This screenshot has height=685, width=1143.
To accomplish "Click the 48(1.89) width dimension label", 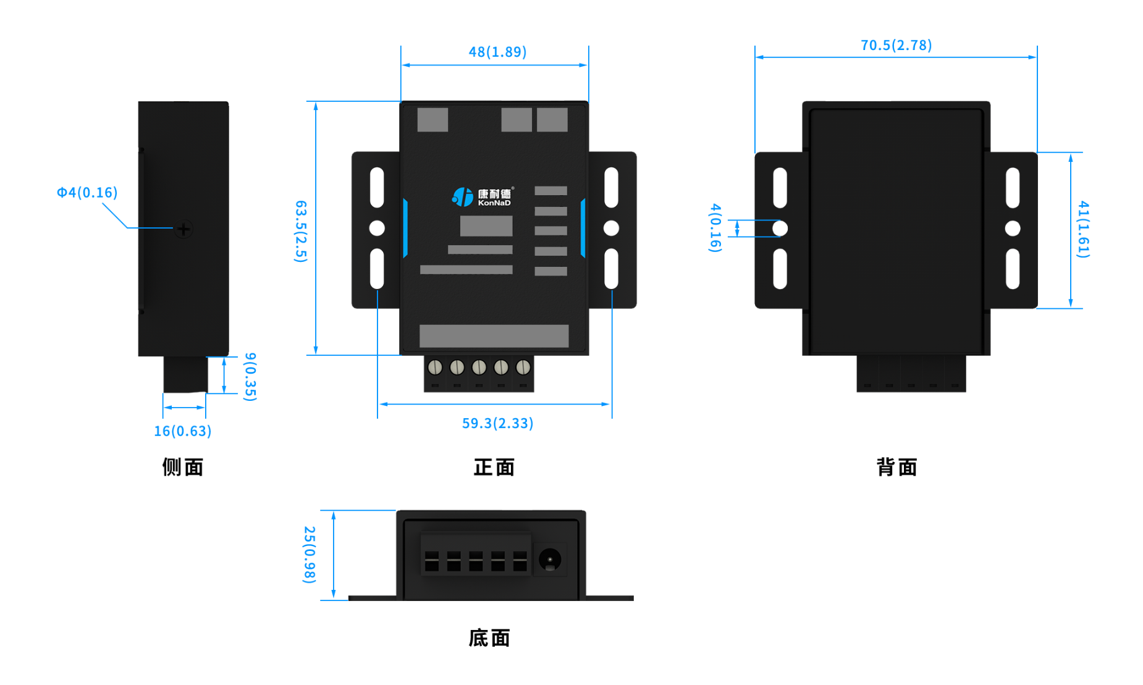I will pos(497,52).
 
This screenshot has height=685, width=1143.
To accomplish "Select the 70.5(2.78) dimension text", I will pos(896,45).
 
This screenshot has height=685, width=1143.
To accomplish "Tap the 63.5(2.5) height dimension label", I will pos(300,231).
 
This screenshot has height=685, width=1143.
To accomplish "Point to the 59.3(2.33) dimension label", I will pos(497,423).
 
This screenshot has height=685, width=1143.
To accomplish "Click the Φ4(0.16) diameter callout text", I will pos(87,193).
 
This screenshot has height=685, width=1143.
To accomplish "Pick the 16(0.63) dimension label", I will pos(182,431).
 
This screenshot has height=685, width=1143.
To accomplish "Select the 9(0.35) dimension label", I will pos(250,376).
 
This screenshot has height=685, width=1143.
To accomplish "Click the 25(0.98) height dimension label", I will pos(310,554).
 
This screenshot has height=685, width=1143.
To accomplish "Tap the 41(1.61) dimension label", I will pos(1083,229).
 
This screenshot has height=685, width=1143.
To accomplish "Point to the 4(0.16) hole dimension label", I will pos(715,227).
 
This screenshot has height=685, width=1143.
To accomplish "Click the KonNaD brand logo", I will pos(483,197).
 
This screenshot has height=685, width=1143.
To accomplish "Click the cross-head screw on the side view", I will pos(183,229).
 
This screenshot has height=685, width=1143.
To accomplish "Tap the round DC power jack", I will pos(549,560).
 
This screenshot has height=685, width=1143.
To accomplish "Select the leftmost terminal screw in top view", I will pos(435,368).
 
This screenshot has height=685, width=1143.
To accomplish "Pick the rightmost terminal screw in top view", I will pos(523,368).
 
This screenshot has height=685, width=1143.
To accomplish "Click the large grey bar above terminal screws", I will pos(494,336).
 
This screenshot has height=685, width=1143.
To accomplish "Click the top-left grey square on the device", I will pos(432,120).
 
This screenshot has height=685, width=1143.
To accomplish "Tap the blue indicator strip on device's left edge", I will pos(405,228).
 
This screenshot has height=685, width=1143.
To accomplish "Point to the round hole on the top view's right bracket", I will pos(611,228).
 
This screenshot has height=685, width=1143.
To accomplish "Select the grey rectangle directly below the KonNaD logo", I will pos(486,226).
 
